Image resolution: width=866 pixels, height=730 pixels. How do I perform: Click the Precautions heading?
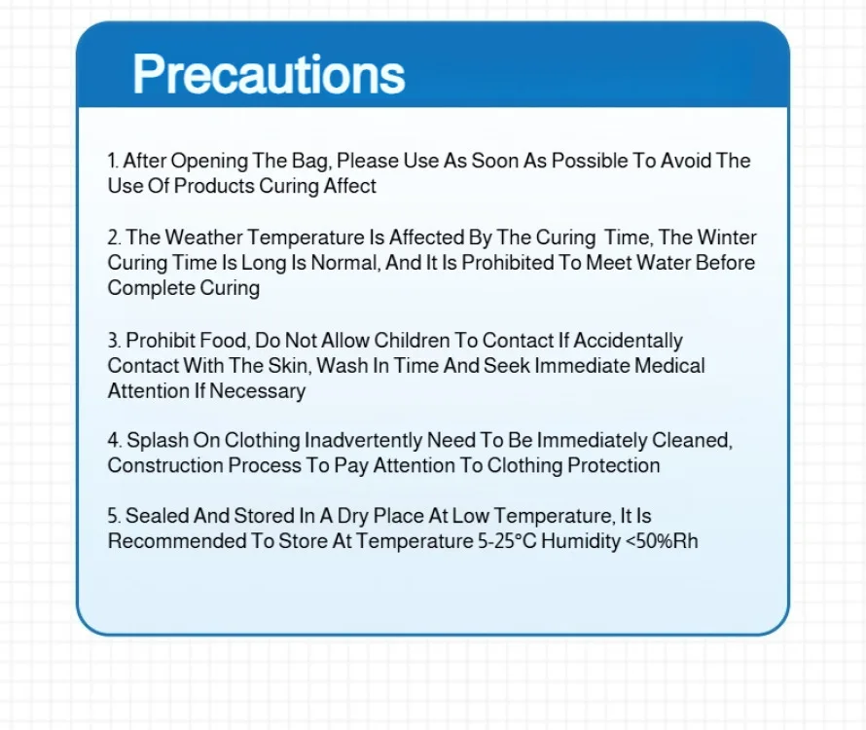point(269,74)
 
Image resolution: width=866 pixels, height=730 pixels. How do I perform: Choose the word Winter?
point(727,237)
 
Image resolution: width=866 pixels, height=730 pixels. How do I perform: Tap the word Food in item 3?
point(224,341)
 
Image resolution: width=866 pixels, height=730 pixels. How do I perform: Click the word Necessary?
point(257,391)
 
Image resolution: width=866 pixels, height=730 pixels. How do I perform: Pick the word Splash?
point(158,440)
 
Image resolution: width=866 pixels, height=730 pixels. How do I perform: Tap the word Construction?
point(165,465)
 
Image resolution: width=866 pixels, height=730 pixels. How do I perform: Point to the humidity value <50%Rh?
point(662,541)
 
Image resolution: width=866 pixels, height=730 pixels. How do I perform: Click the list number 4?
point(114,440)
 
